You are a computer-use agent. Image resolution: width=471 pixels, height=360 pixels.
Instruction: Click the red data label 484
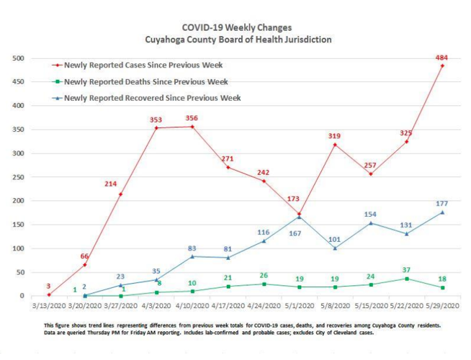tap(442, 57)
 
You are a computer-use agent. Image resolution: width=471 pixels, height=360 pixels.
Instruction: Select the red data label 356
tap(192, 118)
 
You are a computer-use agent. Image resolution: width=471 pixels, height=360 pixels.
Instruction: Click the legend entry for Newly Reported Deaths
tap(145, 81)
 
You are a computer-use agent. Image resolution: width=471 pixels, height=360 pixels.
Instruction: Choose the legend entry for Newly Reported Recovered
tap(151, 98)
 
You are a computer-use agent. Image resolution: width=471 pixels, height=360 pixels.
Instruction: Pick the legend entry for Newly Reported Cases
tap(145, 66)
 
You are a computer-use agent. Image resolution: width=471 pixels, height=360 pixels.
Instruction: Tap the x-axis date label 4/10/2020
tap(192, 305)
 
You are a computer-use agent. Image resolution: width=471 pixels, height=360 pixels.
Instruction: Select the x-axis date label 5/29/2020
tap(442, 305)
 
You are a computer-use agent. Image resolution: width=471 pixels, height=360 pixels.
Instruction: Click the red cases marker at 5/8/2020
tap(335, 145)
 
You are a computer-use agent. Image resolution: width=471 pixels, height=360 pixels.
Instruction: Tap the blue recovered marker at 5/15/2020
tap(371, 222)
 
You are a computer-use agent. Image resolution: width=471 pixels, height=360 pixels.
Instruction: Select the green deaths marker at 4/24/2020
tap(264, 284)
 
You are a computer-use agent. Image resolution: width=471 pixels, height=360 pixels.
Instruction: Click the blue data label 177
tap(442, 204)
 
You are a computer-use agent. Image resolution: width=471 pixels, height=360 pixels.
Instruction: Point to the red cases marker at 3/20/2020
tap(84, 265)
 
